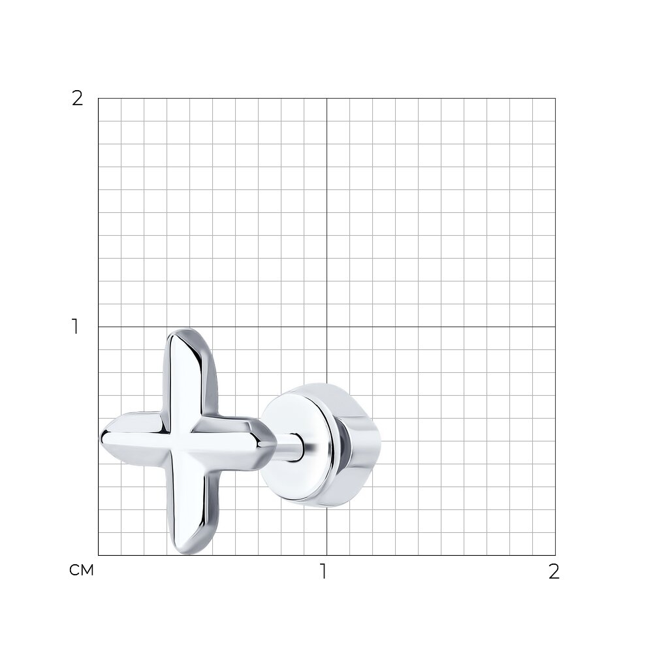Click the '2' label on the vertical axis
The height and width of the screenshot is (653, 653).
(78, 99)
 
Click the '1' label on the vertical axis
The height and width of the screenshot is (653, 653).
(75, 326)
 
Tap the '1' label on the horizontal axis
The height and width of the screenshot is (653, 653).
(323, 572)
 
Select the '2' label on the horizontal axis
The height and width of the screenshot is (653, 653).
(554, 572)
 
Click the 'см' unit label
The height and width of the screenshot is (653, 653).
(82, 570)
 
